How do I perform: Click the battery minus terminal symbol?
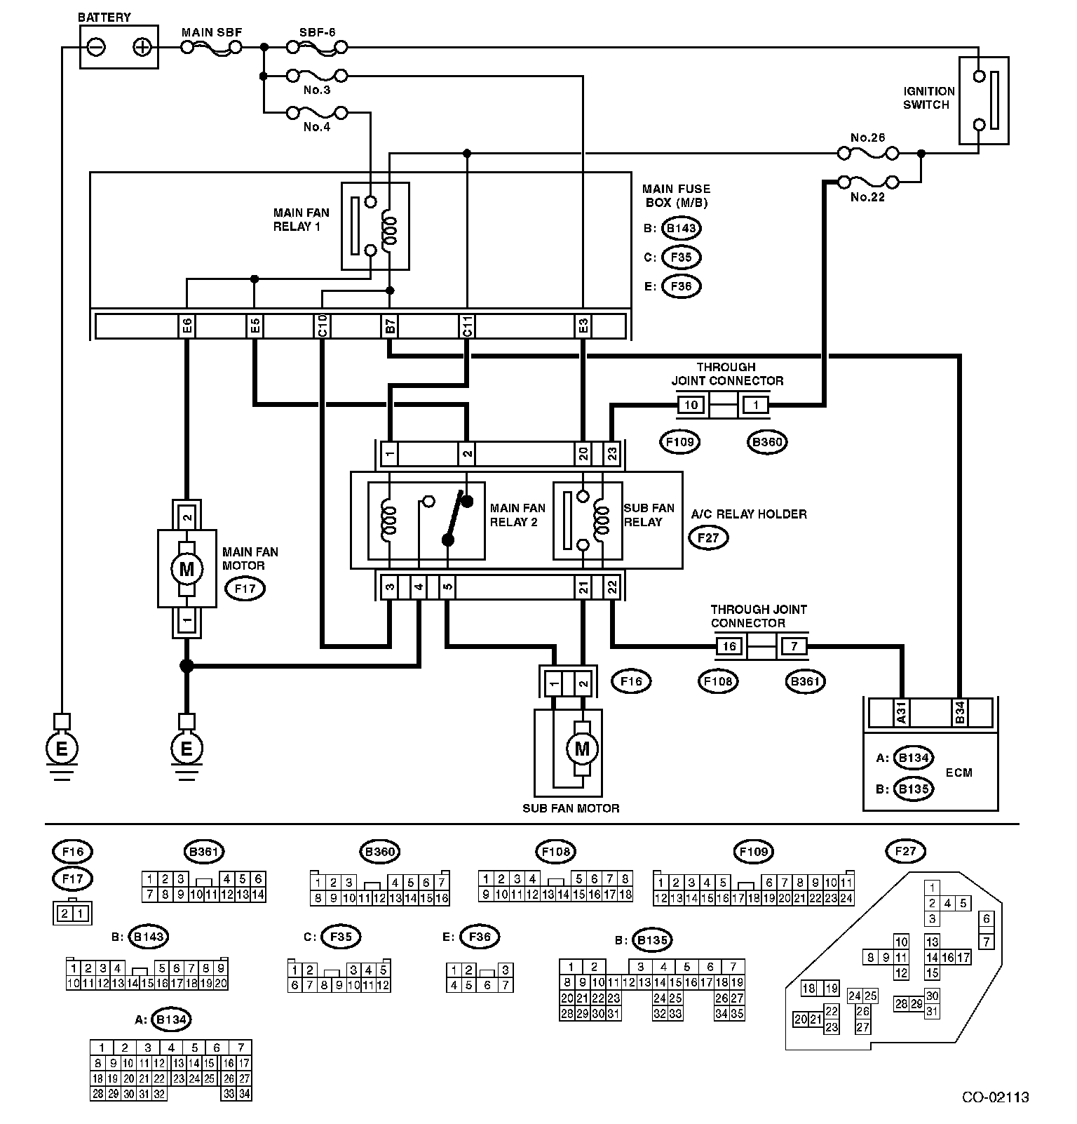coord(97,48)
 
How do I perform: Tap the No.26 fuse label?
coord(868,138)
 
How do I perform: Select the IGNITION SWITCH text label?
coord(928,98)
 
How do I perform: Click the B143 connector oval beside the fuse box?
coord(682,228)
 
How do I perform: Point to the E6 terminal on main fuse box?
coord(187,326)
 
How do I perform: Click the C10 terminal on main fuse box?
coord(322,326)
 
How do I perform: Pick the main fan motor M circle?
coord(187,568)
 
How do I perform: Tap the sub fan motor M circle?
coord(582,749)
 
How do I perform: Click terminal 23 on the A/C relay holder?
coord(611,454)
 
